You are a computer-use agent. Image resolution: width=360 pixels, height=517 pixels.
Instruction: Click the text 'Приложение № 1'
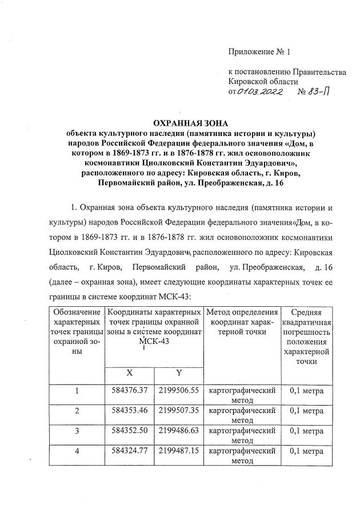[x=259, y=52]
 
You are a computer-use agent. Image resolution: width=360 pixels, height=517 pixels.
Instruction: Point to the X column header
[x=130, y=372]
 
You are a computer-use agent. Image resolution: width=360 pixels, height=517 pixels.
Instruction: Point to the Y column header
[x=178, y=372]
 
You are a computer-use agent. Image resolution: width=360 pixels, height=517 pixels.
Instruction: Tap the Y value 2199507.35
[x=178, y=410]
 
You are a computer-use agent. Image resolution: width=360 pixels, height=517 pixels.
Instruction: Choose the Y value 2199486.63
[x=178, y=430]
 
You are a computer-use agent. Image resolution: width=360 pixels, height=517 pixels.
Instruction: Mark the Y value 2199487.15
[x=178, y=451]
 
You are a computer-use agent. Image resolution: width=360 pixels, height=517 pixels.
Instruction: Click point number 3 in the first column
[x=76, y=430]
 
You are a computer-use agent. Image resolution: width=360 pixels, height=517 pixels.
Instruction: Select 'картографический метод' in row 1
[x=243, y=395]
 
